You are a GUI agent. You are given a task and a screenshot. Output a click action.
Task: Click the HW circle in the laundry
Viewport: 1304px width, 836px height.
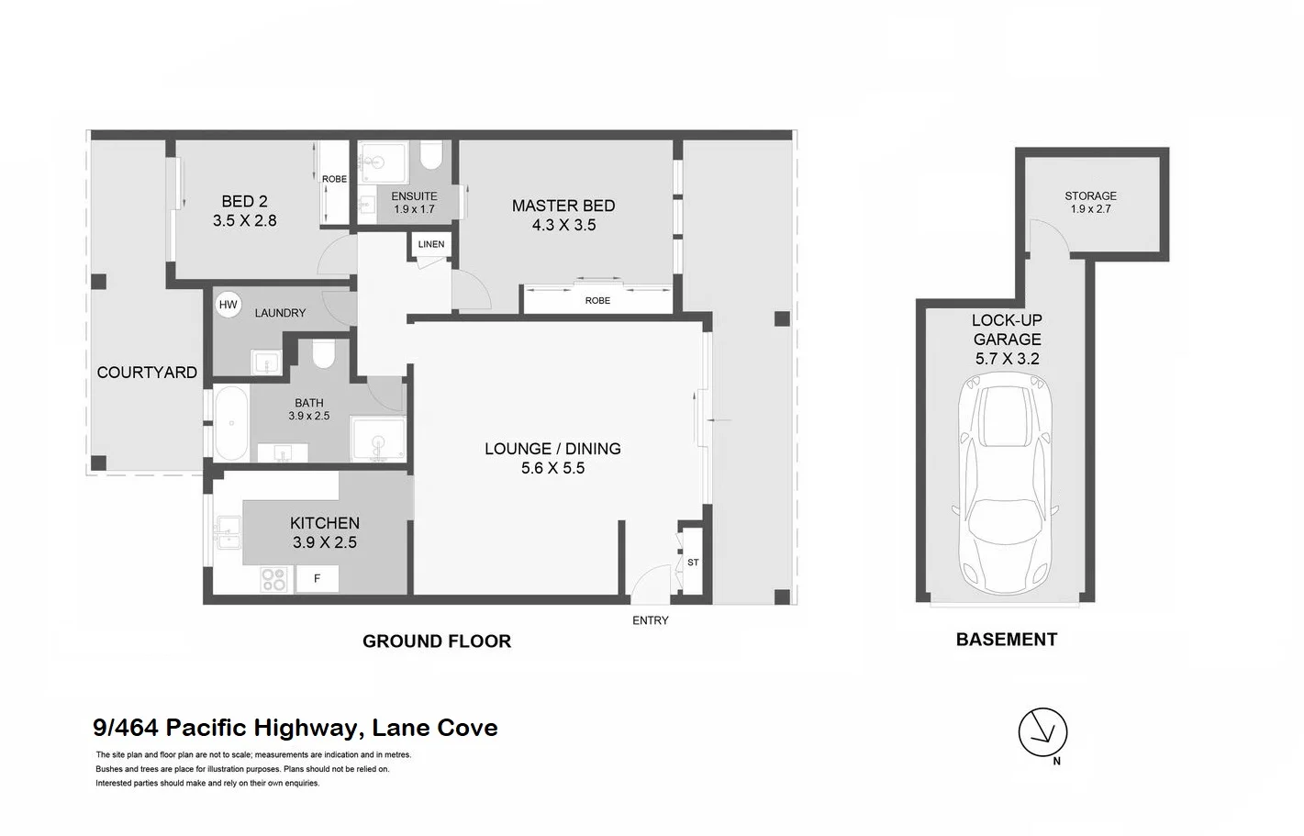tap(228, 305)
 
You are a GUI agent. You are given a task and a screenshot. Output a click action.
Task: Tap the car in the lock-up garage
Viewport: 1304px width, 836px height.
tap(1006, 486)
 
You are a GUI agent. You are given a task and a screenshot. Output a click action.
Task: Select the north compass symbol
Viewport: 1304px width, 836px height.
tap(1043, 733)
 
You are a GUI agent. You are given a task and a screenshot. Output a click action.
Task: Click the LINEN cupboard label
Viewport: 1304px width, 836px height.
tap(431, 244)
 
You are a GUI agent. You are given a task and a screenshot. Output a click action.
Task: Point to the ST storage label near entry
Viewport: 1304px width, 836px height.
tap(693, 563)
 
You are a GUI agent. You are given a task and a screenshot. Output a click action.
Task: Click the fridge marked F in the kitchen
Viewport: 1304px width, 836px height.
tap(318, 579)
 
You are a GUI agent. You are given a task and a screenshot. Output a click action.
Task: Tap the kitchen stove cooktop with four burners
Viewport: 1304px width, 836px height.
tap(273, 579)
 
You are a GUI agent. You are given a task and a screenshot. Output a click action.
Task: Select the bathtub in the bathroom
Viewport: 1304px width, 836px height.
tap(231, 424)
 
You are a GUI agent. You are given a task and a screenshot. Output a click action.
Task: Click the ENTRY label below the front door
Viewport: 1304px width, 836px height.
tap(651, 621)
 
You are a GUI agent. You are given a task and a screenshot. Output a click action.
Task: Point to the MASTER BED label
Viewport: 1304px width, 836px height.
tap(563, 206)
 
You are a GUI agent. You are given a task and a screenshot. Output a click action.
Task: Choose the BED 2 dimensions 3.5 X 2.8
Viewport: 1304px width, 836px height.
tap(245, 221)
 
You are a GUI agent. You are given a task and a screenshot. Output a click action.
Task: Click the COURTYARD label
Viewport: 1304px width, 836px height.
tap(147, 373)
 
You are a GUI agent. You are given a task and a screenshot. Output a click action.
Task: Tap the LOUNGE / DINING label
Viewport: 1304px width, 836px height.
tap(552, 449)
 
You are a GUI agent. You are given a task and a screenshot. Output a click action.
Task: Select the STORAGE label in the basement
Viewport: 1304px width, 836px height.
tap(1090, 196)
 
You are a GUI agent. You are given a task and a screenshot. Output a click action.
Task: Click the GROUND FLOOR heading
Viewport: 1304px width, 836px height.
tap(437, 641)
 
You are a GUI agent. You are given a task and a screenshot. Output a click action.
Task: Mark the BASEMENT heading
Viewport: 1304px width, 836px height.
tap(1007, 640)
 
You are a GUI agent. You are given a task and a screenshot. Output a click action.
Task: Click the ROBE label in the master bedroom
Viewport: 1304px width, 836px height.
tap(597, 301)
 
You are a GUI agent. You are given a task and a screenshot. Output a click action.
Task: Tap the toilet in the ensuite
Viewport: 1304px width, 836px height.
tap(431, 155)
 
